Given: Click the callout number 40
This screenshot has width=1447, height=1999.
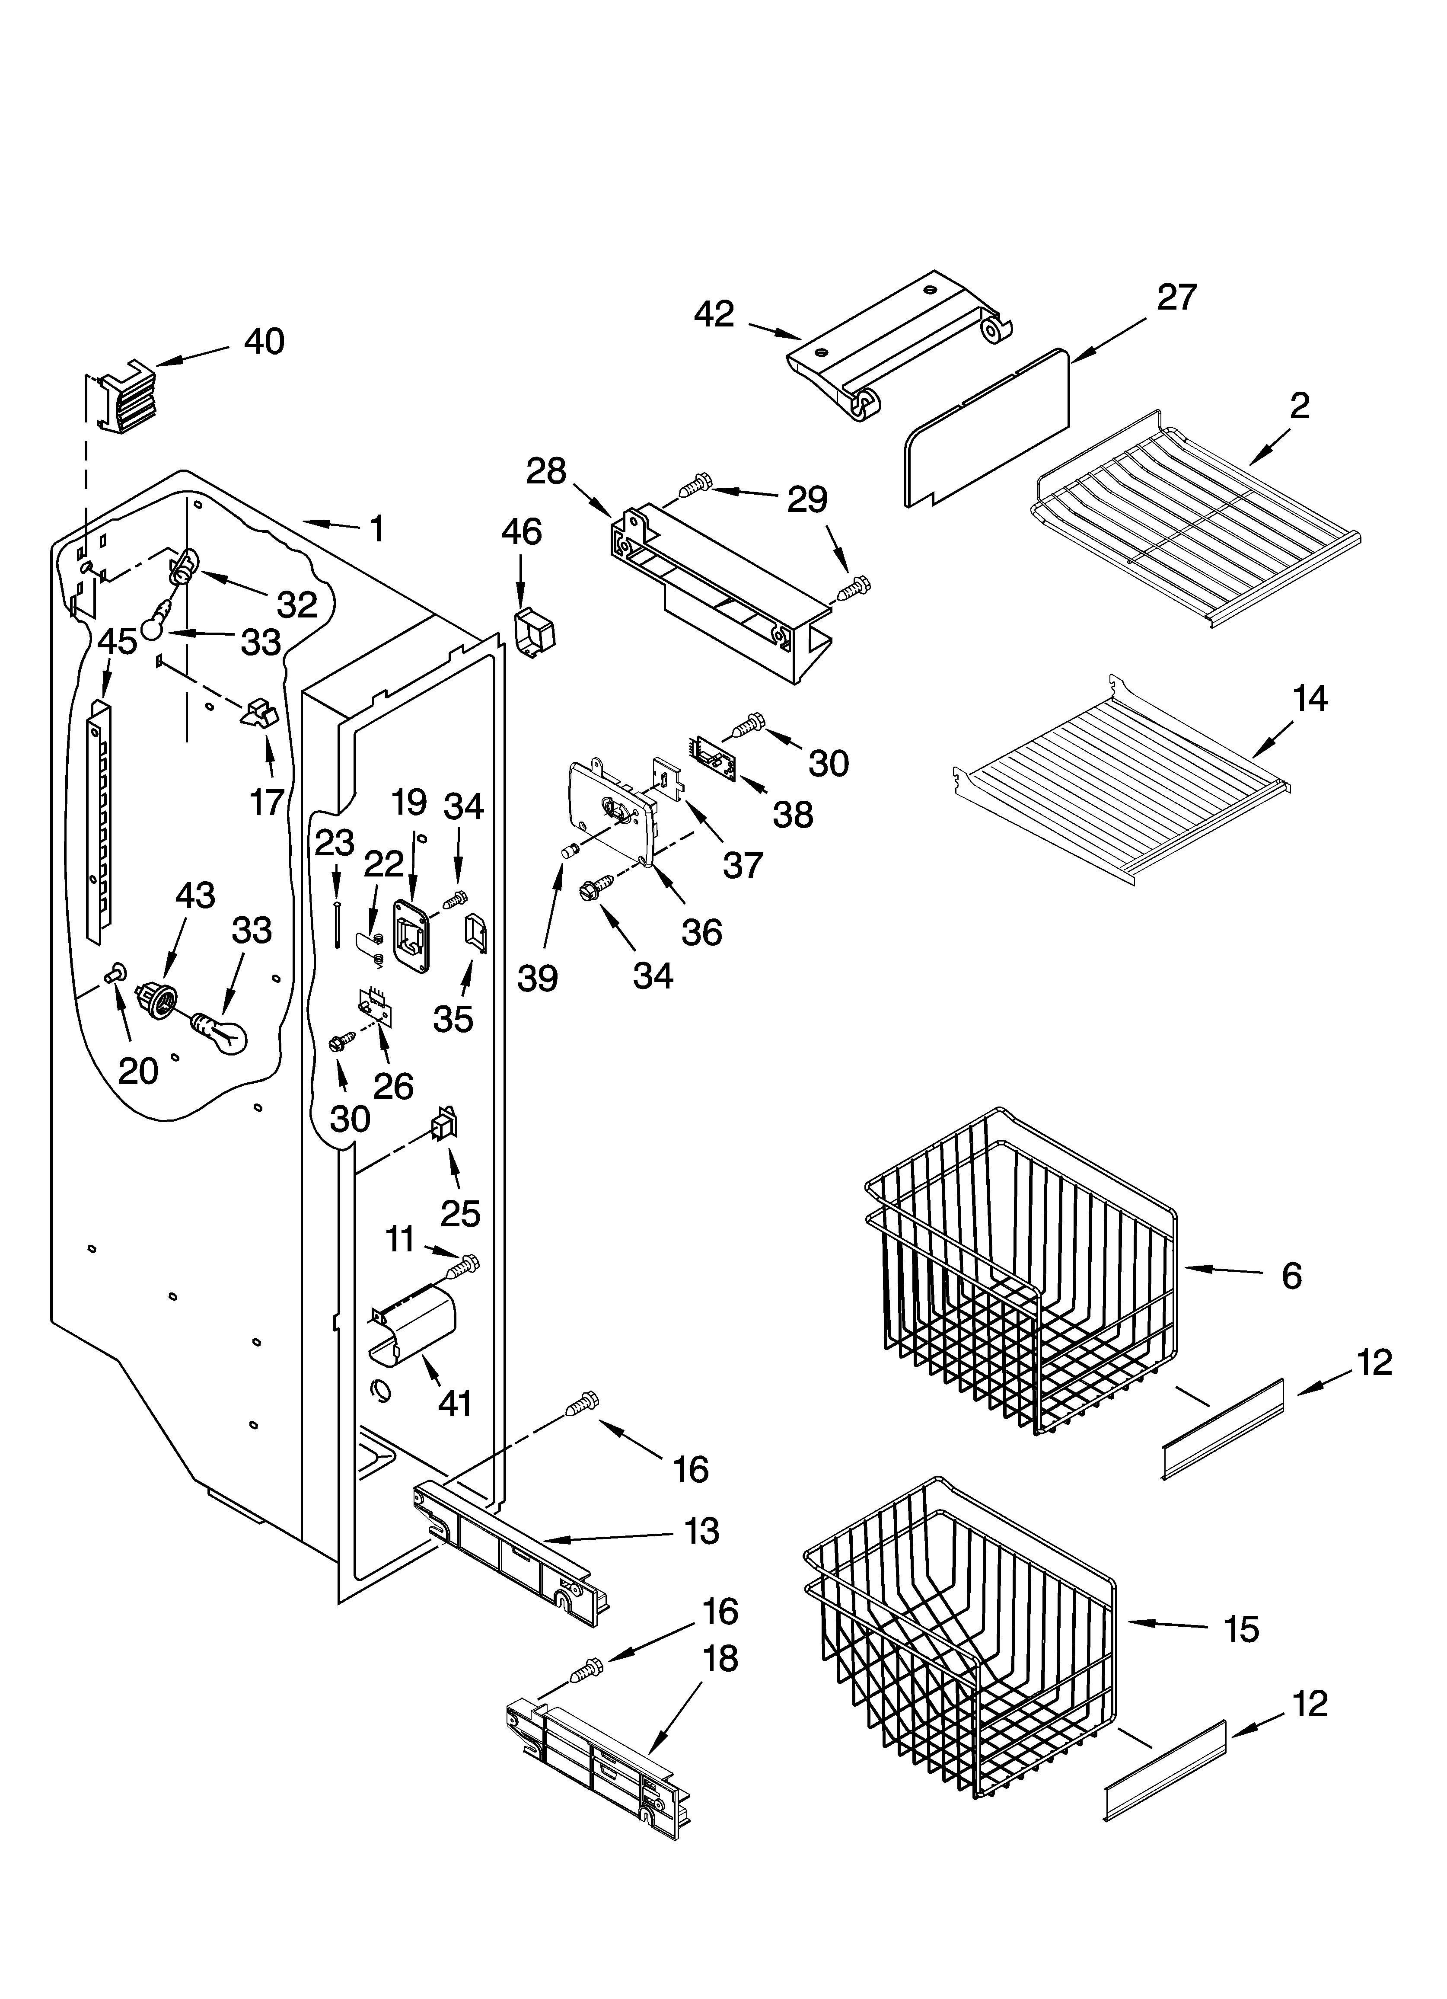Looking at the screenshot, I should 264,341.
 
